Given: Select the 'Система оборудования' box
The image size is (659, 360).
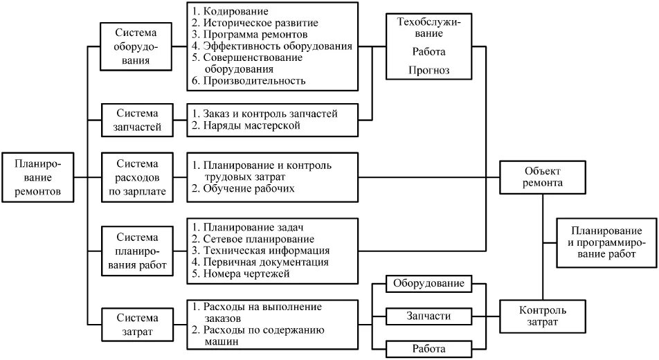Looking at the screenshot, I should point(135,47).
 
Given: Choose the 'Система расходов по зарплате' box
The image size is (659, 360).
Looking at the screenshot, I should point(137,178).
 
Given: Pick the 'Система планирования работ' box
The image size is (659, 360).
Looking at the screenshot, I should point(137,251).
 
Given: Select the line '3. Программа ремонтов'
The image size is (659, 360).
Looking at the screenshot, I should point(250,34).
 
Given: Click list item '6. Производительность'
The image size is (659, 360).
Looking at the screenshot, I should point(249,80).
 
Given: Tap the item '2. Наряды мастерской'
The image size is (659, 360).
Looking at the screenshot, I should point(246,125).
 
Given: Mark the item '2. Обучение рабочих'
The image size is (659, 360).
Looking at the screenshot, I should point(244,188).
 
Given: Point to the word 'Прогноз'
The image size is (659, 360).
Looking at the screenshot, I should point(429,70).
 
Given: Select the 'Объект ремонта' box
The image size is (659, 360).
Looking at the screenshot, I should point(543,177).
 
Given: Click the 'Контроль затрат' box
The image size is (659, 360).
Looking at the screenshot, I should point(543,316).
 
